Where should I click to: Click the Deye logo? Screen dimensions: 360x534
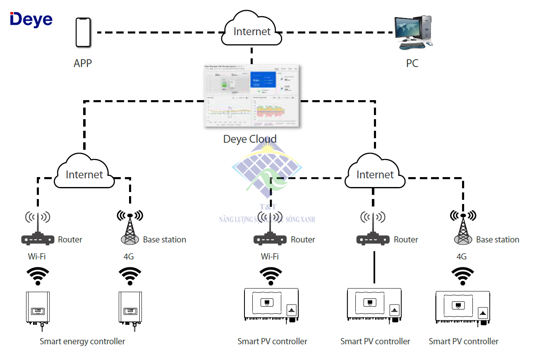click(x=31, y=19)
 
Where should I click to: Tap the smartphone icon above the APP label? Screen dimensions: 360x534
click(x=83, y=32)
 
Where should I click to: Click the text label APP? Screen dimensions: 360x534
click(x=83, y=63)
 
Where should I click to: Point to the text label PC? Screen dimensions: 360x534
click(x=412, y=63)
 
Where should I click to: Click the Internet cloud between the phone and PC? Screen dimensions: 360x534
click(x=252, y=31)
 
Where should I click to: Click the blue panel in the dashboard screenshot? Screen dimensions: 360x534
click(x=263, y=79)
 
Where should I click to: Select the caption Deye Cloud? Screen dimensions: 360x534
click(x=250, y=139)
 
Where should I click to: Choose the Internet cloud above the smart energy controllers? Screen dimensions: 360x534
click(x=84, y=174)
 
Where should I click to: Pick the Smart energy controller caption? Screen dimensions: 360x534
click(x=82, y=341)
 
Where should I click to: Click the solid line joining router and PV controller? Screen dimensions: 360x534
click(x=374, y=267)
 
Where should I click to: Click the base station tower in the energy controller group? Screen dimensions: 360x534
click(x=130, y=230)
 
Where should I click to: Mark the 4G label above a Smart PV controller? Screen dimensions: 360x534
click(x=462, y=257)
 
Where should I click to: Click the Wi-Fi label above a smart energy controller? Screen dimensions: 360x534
click(x=37, y=257)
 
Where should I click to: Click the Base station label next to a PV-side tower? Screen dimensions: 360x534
click(x=498, y=240)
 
